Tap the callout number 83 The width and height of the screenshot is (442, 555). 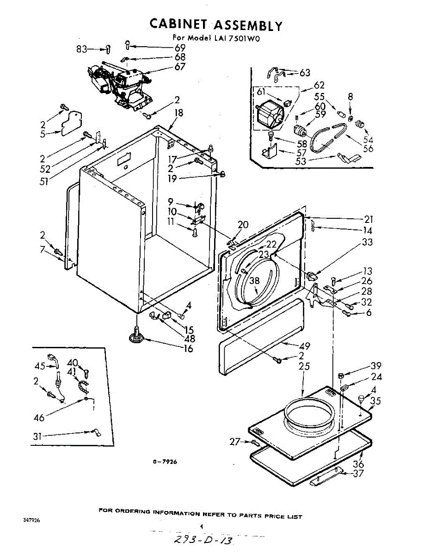point(82,49)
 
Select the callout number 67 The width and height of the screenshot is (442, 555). point(180,67)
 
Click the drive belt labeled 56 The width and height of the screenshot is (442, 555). point(325,138)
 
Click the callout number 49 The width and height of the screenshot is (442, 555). point(305,346)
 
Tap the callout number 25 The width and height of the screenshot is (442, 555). point(304,367)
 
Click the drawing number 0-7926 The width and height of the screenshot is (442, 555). point(165,462)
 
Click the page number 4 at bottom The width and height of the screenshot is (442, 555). point(201,526)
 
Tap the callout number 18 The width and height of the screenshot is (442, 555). point(179,112)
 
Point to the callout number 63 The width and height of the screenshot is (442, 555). point(305,73)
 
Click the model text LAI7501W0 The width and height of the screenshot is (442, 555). point(237,39)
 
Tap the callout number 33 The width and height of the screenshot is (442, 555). point(367,242)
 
